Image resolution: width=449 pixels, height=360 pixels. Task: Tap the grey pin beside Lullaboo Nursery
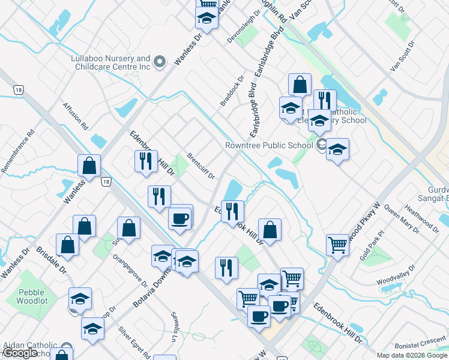tap(160, 62)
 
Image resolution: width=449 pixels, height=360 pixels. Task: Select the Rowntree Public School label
tap(269, 145)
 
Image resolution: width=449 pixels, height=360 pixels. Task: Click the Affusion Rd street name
tap(76, 116)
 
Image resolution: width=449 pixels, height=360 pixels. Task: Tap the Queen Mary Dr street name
tap(402, 218)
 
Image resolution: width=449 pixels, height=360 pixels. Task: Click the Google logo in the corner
tap(20, 353)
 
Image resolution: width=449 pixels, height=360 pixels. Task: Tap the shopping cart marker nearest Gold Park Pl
tap(338, 244)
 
